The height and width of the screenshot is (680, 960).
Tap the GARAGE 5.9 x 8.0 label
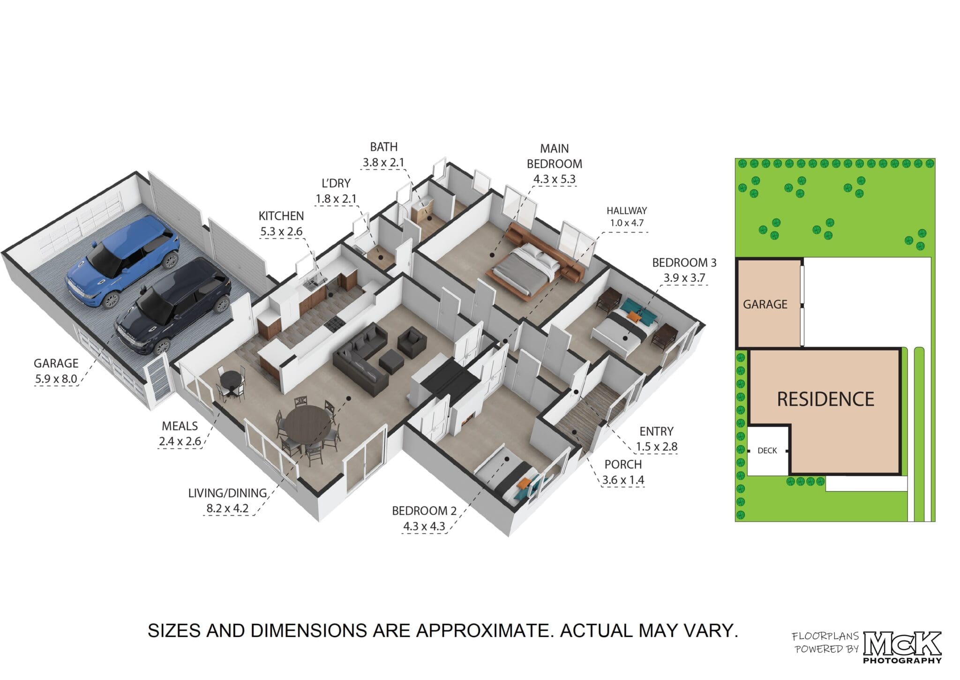coord(56,371)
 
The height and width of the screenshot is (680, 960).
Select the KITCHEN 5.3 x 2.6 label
coord(281,224)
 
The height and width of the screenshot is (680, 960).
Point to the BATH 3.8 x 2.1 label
coord(383,155)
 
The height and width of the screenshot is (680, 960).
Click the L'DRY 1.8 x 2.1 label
coord(336,191)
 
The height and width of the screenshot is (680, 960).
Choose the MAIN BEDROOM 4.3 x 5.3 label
coord(554,164)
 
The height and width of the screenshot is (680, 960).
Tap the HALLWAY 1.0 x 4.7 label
coord(626,217)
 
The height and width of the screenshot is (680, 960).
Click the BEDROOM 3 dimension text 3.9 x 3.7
coord(684,278)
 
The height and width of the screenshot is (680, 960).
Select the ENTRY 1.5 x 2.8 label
coord(656,439)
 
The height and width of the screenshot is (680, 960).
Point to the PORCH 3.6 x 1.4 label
coord(623,472)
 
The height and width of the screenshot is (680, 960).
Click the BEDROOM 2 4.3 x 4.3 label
coord(424,518)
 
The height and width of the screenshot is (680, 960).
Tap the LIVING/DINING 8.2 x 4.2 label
coord(227,501)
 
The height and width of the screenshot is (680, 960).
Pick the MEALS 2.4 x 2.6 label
coord(180,433)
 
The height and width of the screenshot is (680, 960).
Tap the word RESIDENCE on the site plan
coord(825,399)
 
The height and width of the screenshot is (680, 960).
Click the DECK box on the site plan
coord(767,450)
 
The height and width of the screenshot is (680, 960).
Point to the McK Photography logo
coord(902,647)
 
